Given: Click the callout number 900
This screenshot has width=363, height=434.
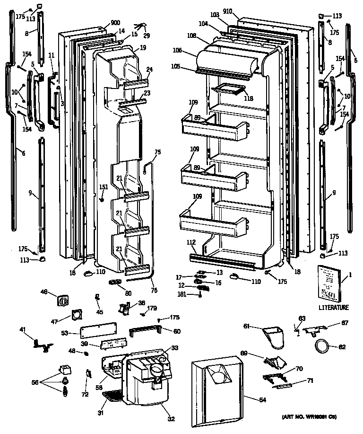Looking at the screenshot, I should (x=115, y=23).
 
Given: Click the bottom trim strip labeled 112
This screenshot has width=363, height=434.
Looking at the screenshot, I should (x=222, y=259).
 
